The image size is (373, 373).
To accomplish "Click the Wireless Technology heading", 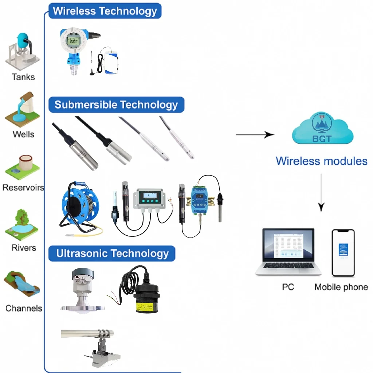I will pos(105,11).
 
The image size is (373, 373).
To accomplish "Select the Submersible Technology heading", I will pos(116,105).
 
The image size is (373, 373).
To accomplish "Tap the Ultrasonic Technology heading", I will pos(112,254).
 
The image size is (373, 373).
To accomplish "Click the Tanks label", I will pos(23,77).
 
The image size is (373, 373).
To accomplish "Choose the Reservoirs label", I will pos(23,188).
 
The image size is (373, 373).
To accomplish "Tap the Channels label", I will pos(24,308).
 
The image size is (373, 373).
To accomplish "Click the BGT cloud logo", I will pos(322,129).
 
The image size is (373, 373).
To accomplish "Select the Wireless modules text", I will pos(321,161).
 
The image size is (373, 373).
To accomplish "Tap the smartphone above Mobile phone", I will pos(343,253).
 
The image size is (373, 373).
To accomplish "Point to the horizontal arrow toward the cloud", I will pos(255,135).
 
